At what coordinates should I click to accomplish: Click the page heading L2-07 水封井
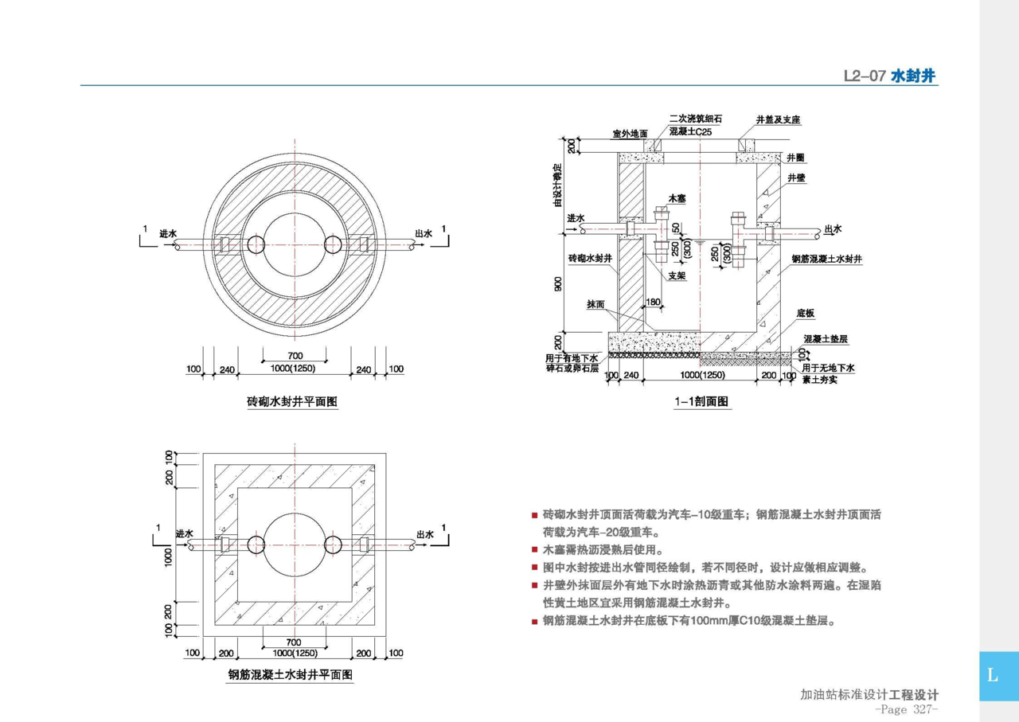890,76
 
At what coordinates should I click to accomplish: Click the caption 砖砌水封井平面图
292,402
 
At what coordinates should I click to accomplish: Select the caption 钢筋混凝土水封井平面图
291,675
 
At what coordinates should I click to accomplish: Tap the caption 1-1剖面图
701,403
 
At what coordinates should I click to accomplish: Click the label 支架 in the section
677,276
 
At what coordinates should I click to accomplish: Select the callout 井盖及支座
778,120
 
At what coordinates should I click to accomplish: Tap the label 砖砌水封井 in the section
590,260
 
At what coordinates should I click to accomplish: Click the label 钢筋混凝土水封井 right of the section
828,260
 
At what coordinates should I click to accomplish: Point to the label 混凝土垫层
826,339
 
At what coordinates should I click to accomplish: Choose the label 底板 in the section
805,314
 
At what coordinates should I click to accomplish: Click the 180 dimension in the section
654,302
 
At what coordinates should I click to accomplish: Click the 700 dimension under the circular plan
295,355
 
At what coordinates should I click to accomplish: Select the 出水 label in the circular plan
424,234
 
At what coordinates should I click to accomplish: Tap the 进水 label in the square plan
185,533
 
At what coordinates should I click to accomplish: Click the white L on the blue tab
992,676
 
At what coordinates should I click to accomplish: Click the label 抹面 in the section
595,304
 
